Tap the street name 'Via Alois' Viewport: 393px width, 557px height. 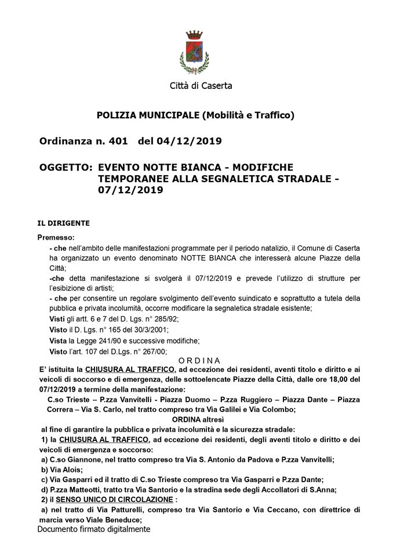[67, 469]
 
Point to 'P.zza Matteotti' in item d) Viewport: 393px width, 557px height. [77, 489]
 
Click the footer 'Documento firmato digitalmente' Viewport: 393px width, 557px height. [94, 529]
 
